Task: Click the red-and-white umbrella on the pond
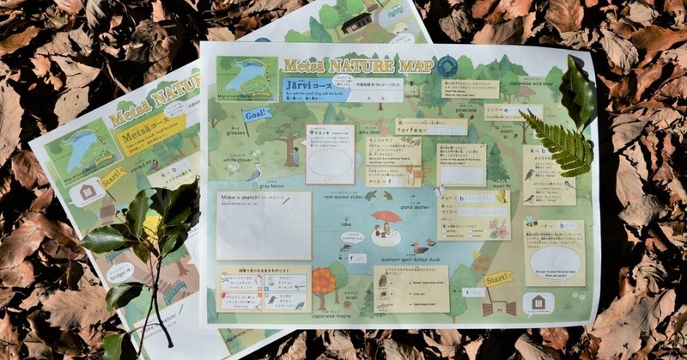[386, 217]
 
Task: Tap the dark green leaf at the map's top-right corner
[577, 90]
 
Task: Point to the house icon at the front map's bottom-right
[538, 302]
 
